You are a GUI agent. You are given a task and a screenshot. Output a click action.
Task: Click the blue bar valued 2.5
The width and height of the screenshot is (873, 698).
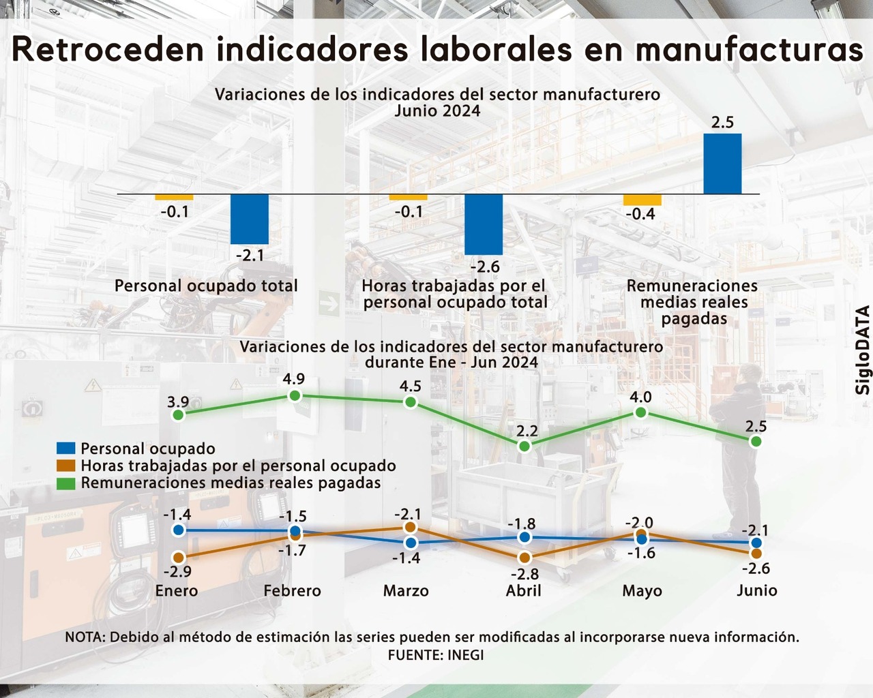[x=722, y=164]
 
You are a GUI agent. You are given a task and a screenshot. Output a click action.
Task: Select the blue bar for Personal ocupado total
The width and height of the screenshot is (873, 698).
[x=250, y=219]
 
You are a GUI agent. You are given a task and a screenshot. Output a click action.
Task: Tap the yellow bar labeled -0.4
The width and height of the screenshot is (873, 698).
[x=642, y=200]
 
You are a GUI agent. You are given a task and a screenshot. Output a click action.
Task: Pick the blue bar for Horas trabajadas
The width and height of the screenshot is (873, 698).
[x=484, y=224]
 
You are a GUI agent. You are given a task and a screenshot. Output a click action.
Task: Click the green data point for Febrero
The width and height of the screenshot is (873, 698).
[x=295, y=396]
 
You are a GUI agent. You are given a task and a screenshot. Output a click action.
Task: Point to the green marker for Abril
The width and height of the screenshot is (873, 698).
[x=524, y=446]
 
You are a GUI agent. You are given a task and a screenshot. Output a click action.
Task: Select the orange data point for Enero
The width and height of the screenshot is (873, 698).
[x=179, y=558]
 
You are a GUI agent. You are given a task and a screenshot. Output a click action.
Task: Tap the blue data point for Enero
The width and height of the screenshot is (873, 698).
[x=179, y=530]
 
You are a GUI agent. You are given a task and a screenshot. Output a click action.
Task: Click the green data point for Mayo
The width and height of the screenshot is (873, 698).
[x=640, y=412]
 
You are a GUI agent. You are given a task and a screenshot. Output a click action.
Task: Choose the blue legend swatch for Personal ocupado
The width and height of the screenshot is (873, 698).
[x=65, y=449]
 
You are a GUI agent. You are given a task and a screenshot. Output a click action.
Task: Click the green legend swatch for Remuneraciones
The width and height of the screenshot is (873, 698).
[x=65, y=483]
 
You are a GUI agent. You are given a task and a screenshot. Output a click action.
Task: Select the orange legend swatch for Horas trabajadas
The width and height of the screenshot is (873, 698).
[x=65, y=466]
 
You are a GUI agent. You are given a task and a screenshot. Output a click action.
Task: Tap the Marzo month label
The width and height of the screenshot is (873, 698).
[x=406, y=591]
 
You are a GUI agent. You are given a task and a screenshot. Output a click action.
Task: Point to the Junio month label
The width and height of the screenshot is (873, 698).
[x=756, y=590]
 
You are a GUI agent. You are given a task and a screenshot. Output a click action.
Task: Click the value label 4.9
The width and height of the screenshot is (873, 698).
[x=294, y=379]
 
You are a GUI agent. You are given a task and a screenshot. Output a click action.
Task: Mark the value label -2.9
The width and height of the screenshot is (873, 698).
[x=177, y=573]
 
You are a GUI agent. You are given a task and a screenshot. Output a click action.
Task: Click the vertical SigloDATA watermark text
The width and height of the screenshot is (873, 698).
[x=863, y=350]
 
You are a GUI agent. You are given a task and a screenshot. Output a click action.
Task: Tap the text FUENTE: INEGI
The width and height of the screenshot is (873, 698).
[x=436, y=655]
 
